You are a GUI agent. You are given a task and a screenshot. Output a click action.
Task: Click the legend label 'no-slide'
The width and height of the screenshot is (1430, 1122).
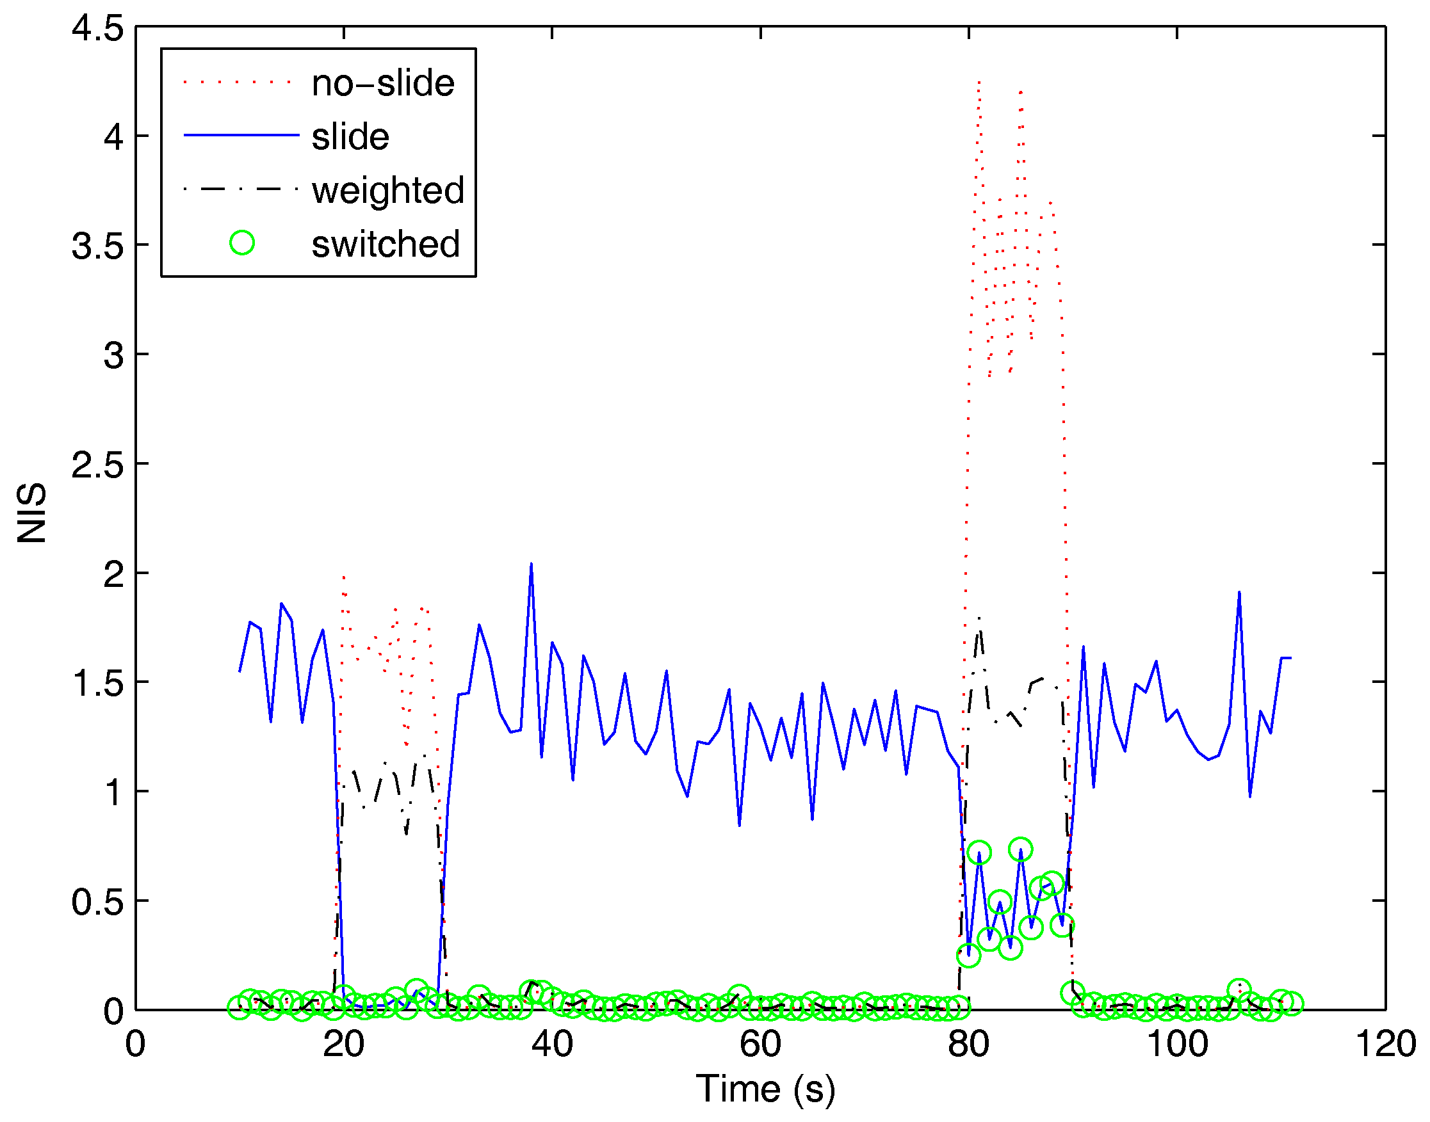[382, 83]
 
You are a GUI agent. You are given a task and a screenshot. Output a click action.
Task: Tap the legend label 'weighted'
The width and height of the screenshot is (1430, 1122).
[387, 191]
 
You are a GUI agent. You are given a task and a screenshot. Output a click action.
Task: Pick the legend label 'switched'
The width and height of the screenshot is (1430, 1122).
[385, 244]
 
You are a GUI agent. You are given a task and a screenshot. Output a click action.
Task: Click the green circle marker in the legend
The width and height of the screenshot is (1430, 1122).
[242, 243]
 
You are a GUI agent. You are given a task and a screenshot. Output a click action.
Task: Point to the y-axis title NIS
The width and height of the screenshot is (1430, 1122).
[31, 513]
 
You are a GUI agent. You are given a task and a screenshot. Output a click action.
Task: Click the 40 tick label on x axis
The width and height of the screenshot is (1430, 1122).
[551, 1044]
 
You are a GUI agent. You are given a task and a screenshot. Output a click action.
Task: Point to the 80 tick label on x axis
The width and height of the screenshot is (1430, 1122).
[968, 1044]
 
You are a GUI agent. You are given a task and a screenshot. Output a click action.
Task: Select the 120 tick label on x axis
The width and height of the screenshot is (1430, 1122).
[1385, 1044]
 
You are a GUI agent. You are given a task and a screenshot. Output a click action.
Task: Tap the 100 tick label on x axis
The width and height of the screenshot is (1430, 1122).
[1176, 1044]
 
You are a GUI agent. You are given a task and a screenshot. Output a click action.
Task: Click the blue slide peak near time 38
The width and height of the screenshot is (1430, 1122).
[531, 565]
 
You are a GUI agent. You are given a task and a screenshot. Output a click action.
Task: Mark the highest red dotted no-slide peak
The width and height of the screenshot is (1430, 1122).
[979, 83]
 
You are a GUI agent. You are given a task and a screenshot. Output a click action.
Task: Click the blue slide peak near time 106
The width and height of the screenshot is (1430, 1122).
[1239, 593]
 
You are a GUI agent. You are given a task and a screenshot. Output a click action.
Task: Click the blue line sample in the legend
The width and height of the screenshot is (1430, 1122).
[241, 135]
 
